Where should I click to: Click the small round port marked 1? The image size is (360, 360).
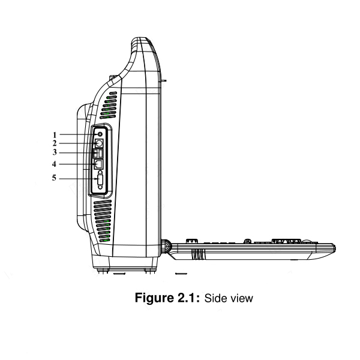coord(100,134)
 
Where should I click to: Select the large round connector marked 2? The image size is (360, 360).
coord(100,143)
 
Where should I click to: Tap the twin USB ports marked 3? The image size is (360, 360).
coord(100,154)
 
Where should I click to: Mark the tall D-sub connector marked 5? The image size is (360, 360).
coord(100,178)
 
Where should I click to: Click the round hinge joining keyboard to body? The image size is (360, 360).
coord(166,246)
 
